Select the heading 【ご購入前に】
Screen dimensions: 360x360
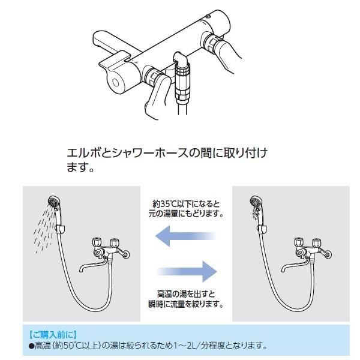52,334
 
